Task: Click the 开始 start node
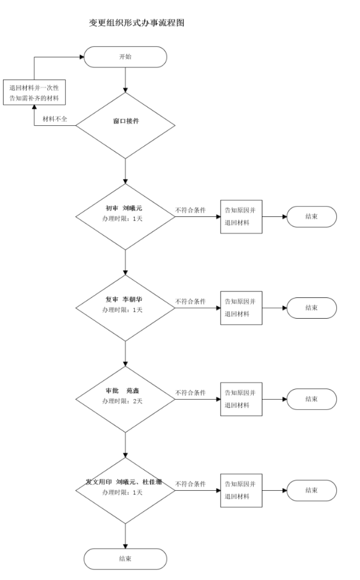tap(125, 57)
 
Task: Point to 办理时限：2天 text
tap(122, 401)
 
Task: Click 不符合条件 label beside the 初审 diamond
tap(190, 210)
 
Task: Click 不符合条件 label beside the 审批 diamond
tap(190, 392)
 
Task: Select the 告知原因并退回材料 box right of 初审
tap(241, 216)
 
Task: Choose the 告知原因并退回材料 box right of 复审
tap(241, 308)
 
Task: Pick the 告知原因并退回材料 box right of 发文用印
tap(241, 490)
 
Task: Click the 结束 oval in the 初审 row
tap(312, 216)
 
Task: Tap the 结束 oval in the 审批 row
tap(312, 399)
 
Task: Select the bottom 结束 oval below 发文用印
tap(125, 559)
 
